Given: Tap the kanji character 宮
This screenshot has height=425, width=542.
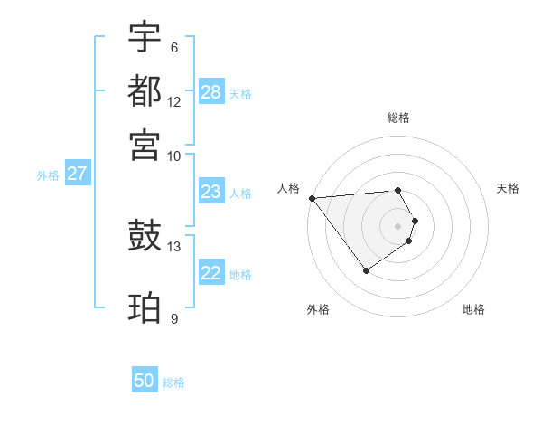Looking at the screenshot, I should click(x=145, y=144).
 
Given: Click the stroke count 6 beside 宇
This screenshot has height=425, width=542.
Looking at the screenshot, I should click(x=173, y=48).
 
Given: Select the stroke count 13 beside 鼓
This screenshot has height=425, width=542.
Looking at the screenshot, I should click(x=174, y=246).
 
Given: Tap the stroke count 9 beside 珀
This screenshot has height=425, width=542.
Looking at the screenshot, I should click(x=173, y=318).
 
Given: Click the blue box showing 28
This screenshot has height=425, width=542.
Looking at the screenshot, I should click(x=211, y=92).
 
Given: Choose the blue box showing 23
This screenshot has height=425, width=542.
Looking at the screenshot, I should click(x=211, y=192).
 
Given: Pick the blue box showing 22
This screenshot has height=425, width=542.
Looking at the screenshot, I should click(x=211, y=273).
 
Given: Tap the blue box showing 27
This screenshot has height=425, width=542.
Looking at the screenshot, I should click(x=77, y=174).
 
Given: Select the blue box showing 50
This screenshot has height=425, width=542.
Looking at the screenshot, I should click(x=145, y=381).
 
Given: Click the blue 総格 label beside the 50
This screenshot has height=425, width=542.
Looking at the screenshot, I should click(x=173, y=382).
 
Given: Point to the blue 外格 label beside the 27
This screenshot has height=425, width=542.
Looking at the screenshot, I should click(x=48, y=175).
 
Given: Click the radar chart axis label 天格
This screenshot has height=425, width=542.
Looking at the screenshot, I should click(x=509, y=188).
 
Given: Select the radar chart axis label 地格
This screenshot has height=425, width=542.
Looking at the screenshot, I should click(x=473, y=309).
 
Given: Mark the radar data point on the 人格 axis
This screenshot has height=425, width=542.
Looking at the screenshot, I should click(x=312, y=198).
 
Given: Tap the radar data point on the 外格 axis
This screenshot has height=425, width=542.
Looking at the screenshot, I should click(x=366, y=270).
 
